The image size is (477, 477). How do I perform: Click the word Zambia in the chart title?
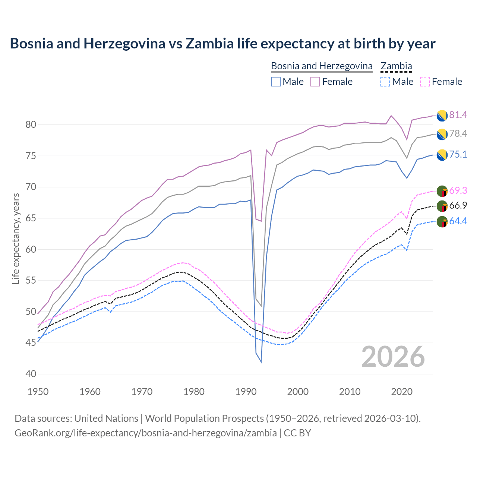[x=209, y=44]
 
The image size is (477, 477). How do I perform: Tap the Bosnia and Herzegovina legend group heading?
[x=322, y=66]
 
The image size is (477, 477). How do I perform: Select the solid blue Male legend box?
[x=276, y=82]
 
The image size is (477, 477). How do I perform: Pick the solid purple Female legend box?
[x=315, y=82]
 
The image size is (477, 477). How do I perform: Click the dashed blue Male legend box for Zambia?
[x=385, y=82]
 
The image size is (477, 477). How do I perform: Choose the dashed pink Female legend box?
[x=425, y=82]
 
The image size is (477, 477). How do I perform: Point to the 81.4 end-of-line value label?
[x=458, y=115]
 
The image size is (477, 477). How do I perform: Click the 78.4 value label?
[x=458, y=133]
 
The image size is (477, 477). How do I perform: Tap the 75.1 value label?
[x=458, y=154]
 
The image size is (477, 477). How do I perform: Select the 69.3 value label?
[x=458, y=190]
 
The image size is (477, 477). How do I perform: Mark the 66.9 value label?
[x=458, y=205]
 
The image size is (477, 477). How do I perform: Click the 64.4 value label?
[x=458, y=221]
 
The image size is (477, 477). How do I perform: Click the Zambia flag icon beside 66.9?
[x=442, y=206]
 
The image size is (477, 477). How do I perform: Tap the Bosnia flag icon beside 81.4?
[x=442, y=116]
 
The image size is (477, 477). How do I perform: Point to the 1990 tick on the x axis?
[x=246, y=392]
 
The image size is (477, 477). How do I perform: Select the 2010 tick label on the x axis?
[x=350, y=392]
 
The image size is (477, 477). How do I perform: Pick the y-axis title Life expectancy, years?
[x=16, y=238]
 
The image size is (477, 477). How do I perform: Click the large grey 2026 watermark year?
[x=393, y=357]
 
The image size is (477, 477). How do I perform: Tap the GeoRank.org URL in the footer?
[x=145, y=433]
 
